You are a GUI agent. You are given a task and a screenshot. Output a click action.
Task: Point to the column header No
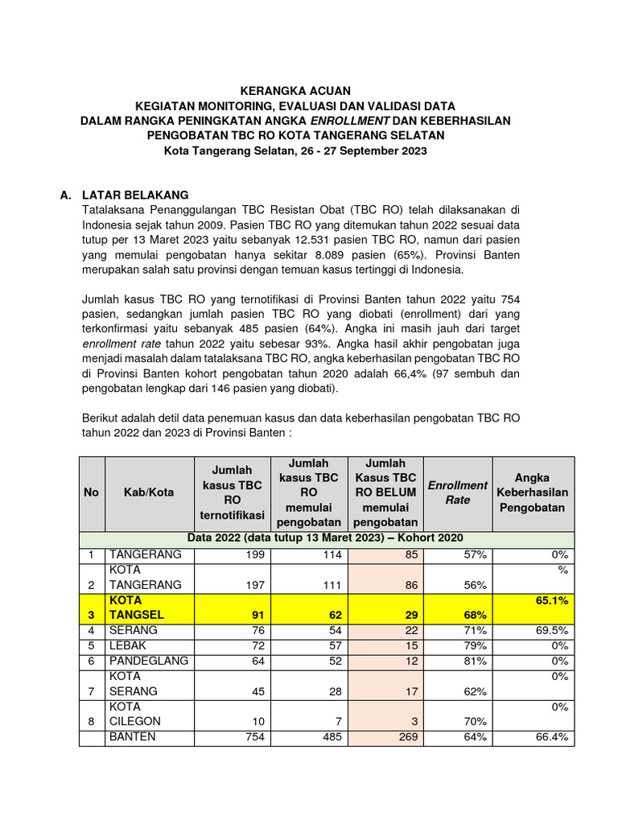(91, 492)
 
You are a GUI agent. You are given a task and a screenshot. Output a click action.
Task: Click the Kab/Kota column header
(148, 492)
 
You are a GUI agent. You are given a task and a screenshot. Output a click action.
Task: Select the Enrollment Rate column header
(457, 492)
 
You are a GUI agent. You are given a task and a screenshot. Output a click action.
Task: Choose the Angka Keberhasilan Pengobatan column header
(532, 492)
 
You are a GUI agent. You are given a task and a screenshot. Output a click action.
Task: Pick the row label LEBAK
(132, 645)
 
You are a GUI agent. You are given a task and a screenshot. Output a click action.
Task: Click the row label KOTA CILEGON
(135, 714)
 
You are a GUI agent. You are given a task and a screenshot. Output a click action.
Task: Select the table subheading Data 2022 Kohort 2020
(326, 538)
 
